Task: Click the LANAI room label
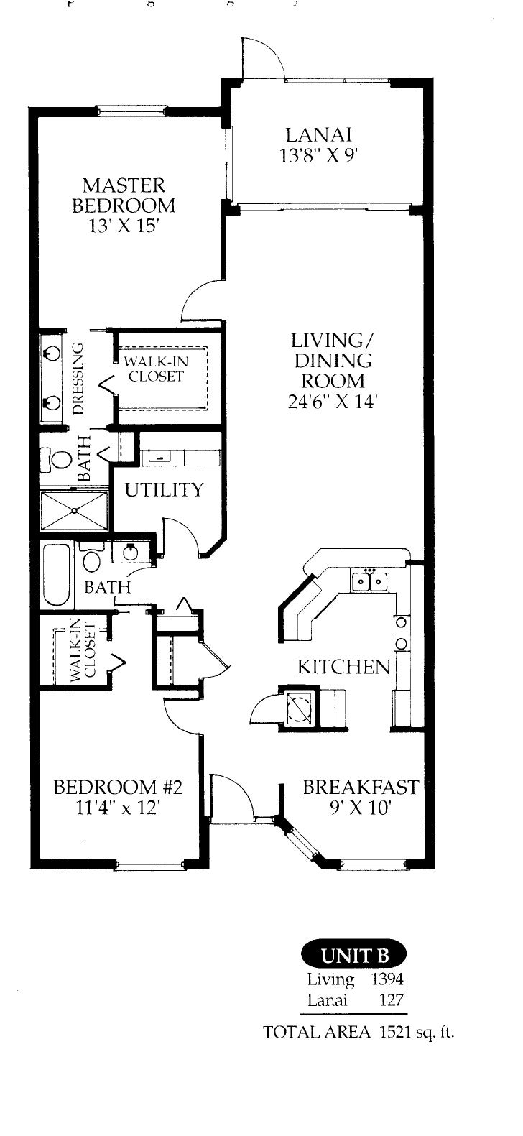pyautogui.click(x=319, y=134)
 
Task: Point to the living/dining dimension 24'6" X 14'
pyautogui.click(x=332, y=402)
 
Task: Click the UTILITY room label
pyautogui.click(x=165, y=490)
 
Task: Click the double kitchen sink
pyautogui.click(x=370, y=579)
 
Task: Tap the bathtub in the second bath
pyautogui.click(x=56, y=575)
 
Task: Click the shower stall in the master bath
pyautogui.click(x=74, y=511)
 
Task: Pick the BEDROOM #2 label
pyautogui.click(x=119, y=787)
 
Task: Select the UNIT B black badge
pyautogui.click(x=353, y=955)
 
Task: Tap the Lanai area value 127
pyautogui.click(x=391, y=999)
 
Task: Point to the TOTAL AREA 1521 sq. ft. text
pyautogui.click(x=359, y=1032)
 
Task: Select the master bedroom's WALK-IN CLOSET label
pyautogui.click(x=155, y=369)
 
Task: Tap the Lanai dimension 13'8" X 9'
pyautogui.click(x=319, y=155)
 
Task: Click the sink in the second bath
pyautogui.click(x=130, y=553)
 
